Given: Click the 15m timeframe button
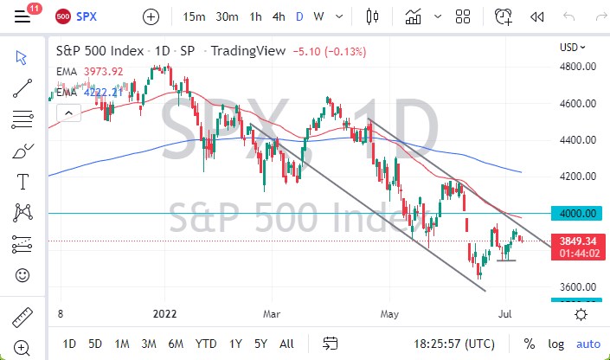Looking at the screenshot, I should click(194, 16).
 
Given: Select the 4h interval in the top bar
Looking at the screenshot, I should click(279, 16).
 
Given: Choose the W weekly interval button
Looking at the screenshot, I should click(318, 16).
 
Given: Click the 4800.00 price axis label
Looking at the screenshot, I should click(577, 66).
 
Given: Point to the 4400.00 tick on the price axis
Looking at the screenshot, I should click(577, 139).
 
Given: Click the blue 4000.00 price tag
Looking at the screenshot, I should click(577, 213).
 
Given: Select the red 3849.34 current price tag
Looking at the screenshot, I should click(577, 241).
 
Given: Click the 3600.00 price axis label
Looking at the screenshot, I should click(577, 286).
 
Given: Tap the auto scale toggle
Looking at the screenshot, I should click(588, 343).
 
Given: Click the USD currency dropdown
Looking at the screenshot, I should click(573, 48).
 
